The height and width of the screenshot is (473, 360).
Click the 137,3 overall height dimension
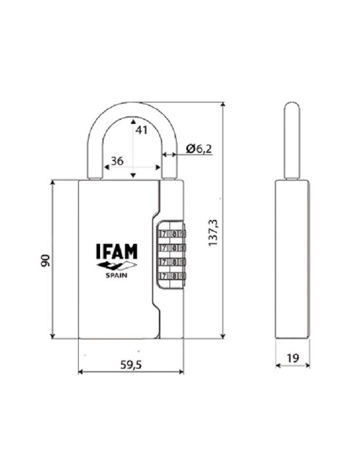[x=213, y=232]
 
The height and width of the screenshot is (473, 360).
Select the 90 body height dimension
[x=46, y=260]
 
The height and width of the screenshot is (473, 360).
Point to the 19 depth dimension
[x=292, y=358]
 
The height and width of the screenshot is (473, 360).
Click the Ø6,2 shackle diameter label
[x=199, y=149]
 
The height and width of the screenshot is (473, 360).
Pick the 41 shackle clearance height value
[x=141, y=130]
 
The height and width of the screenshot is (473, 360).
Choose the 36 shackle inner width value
[x=117, y=162]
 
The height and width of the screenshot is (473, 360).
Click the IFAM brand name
[x=116, y=251]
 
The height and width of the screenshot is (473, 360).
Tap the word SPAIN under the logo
[x=116, y=276]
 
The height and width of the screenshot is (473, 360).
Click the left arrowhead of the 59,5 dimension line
[x=80, y=372]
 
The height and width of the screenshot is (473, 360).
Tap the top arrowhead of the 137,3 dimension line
[x=223, y=105]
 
